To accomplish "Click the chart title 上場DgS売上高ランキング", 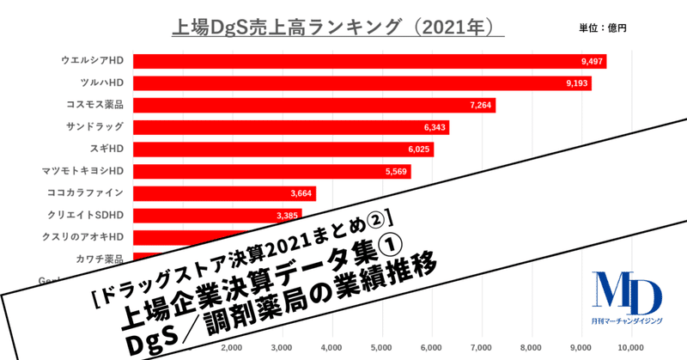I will pos(325,25).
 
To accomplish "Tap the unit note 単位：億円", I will pos(603,27).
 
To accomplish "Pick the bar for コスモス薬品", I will pos(313,105).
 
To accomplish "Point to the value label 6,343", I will pos(435,127).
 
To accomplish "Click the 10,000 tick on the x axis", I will pos(631,348).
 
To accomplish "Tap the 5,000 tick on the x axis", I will pos(381,348).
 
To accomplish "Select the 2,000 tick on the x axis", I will pos(231,348).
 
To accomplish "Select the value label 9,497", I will pos(593,61).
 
